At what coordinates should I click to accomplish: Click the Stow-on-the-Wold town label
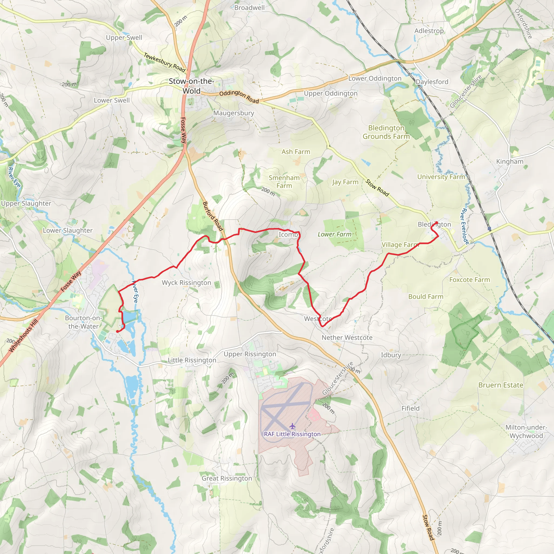coord(191,86)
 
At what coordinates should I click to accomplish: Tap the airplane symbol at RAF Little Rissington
coord(292,426)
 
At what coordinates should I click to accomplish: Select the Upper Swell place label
coord(124,38)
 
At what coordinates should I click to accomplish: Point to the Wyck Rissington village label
coord(186,283)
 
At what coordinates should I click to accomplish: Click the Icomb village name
coord(288,235)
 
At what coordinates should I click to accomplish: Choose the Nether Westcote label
coord(347,338)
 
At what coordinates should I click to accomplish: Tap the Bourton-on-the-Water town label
coord(83,322)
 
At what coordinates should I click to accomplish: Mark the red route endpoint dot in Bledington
coord(436,223)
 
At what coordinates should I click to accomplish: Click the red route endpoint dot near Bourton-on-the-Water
coord(117,331)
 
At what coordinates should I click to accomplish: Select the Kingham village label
coord(510,161)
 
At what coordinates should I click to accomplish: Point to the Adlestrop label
coord(429,31)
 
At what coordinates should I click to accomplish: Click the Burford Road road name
coord(213,216)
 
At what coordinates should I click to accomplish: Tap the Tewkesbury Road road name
coord(164,62)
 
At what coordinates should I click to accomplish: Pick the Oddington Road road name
coord(239,97)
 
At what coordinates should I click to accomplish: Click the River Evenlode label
coord(464,226)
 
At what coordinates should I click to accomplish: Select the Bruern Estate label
coord(501,385)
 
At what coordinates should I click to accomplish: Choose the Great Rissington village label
coord(227,478)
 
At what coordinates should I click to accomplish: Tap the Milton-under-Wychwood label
coord(526,431)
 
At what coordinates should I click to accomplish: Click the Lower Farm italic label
coord(334,234)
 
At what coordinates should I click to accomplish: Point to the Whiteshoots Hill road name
coord(23,336)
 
